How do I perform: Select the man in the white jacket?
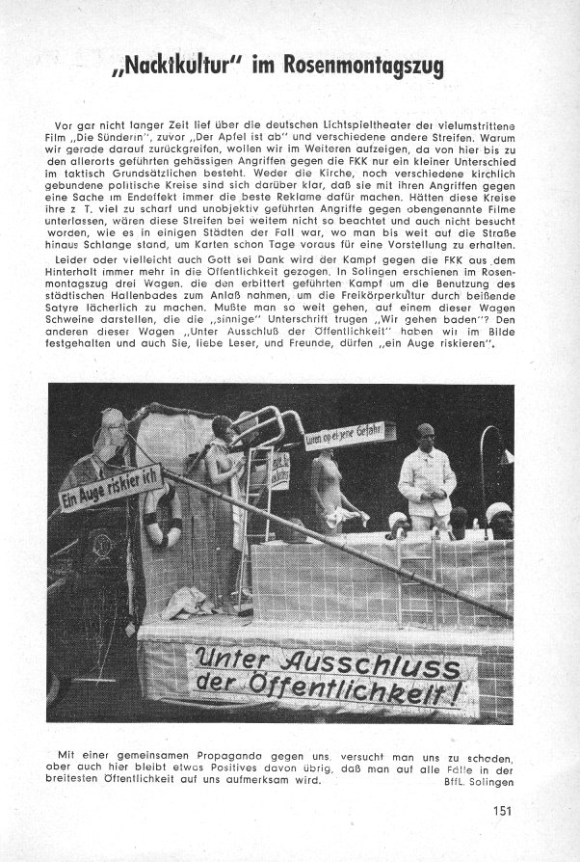426,477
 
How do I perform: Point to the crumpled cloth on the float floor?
189,602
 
